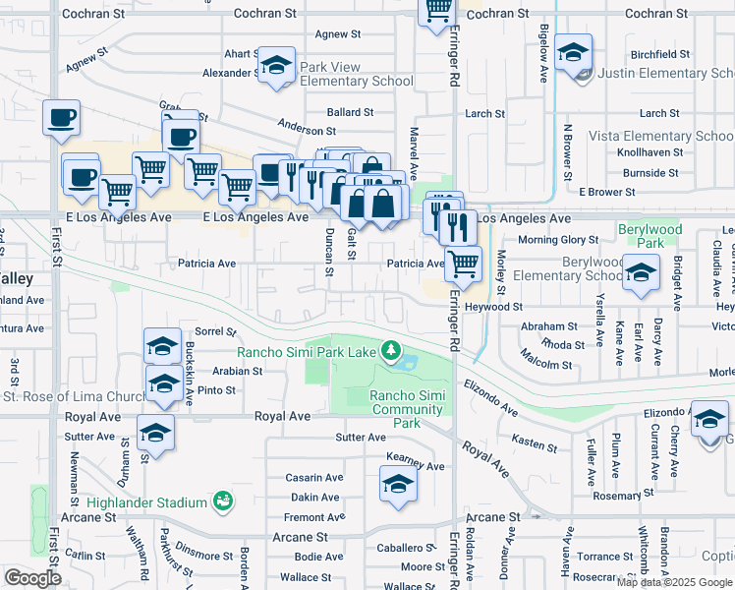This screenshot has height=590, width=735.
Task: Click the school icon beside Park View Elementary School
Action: [x=277, y=66]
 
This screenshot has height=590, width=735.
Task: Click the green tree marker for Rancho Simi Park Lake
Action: [x=391, y=350]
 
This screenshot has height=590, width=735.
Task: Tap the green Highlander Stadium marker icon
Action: [x=224, y=501]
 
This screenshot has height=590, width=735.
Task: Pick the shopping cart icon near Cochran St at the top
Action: [x=437, y=10]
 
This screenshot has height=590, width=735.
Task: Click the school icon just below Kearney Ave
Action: [x=397, y=484]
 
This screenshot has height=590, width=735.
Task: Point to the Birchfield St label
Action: [x=660, y=54]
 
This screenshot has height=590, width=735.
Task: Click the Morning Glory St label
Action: [x=558, y=240]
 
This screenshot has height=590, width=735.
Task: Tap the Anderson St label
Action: [x=307, y=130]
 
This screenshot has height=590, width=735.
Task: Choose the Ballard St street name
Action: [x=351, y=113]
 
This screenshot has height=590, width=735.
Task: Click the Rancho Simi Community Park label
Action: [x=407, y=409]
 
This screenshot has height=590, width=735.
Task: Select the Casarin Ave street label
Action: [x=313, y=478]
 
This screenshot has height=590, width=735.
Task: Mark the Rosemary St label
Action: [x=617, y=497]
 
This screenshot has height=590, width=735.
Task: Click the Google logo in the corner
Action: [x=32, y=578]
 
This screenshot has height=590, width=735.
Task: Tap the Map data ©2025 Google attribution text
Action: [x=674, y=582]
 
